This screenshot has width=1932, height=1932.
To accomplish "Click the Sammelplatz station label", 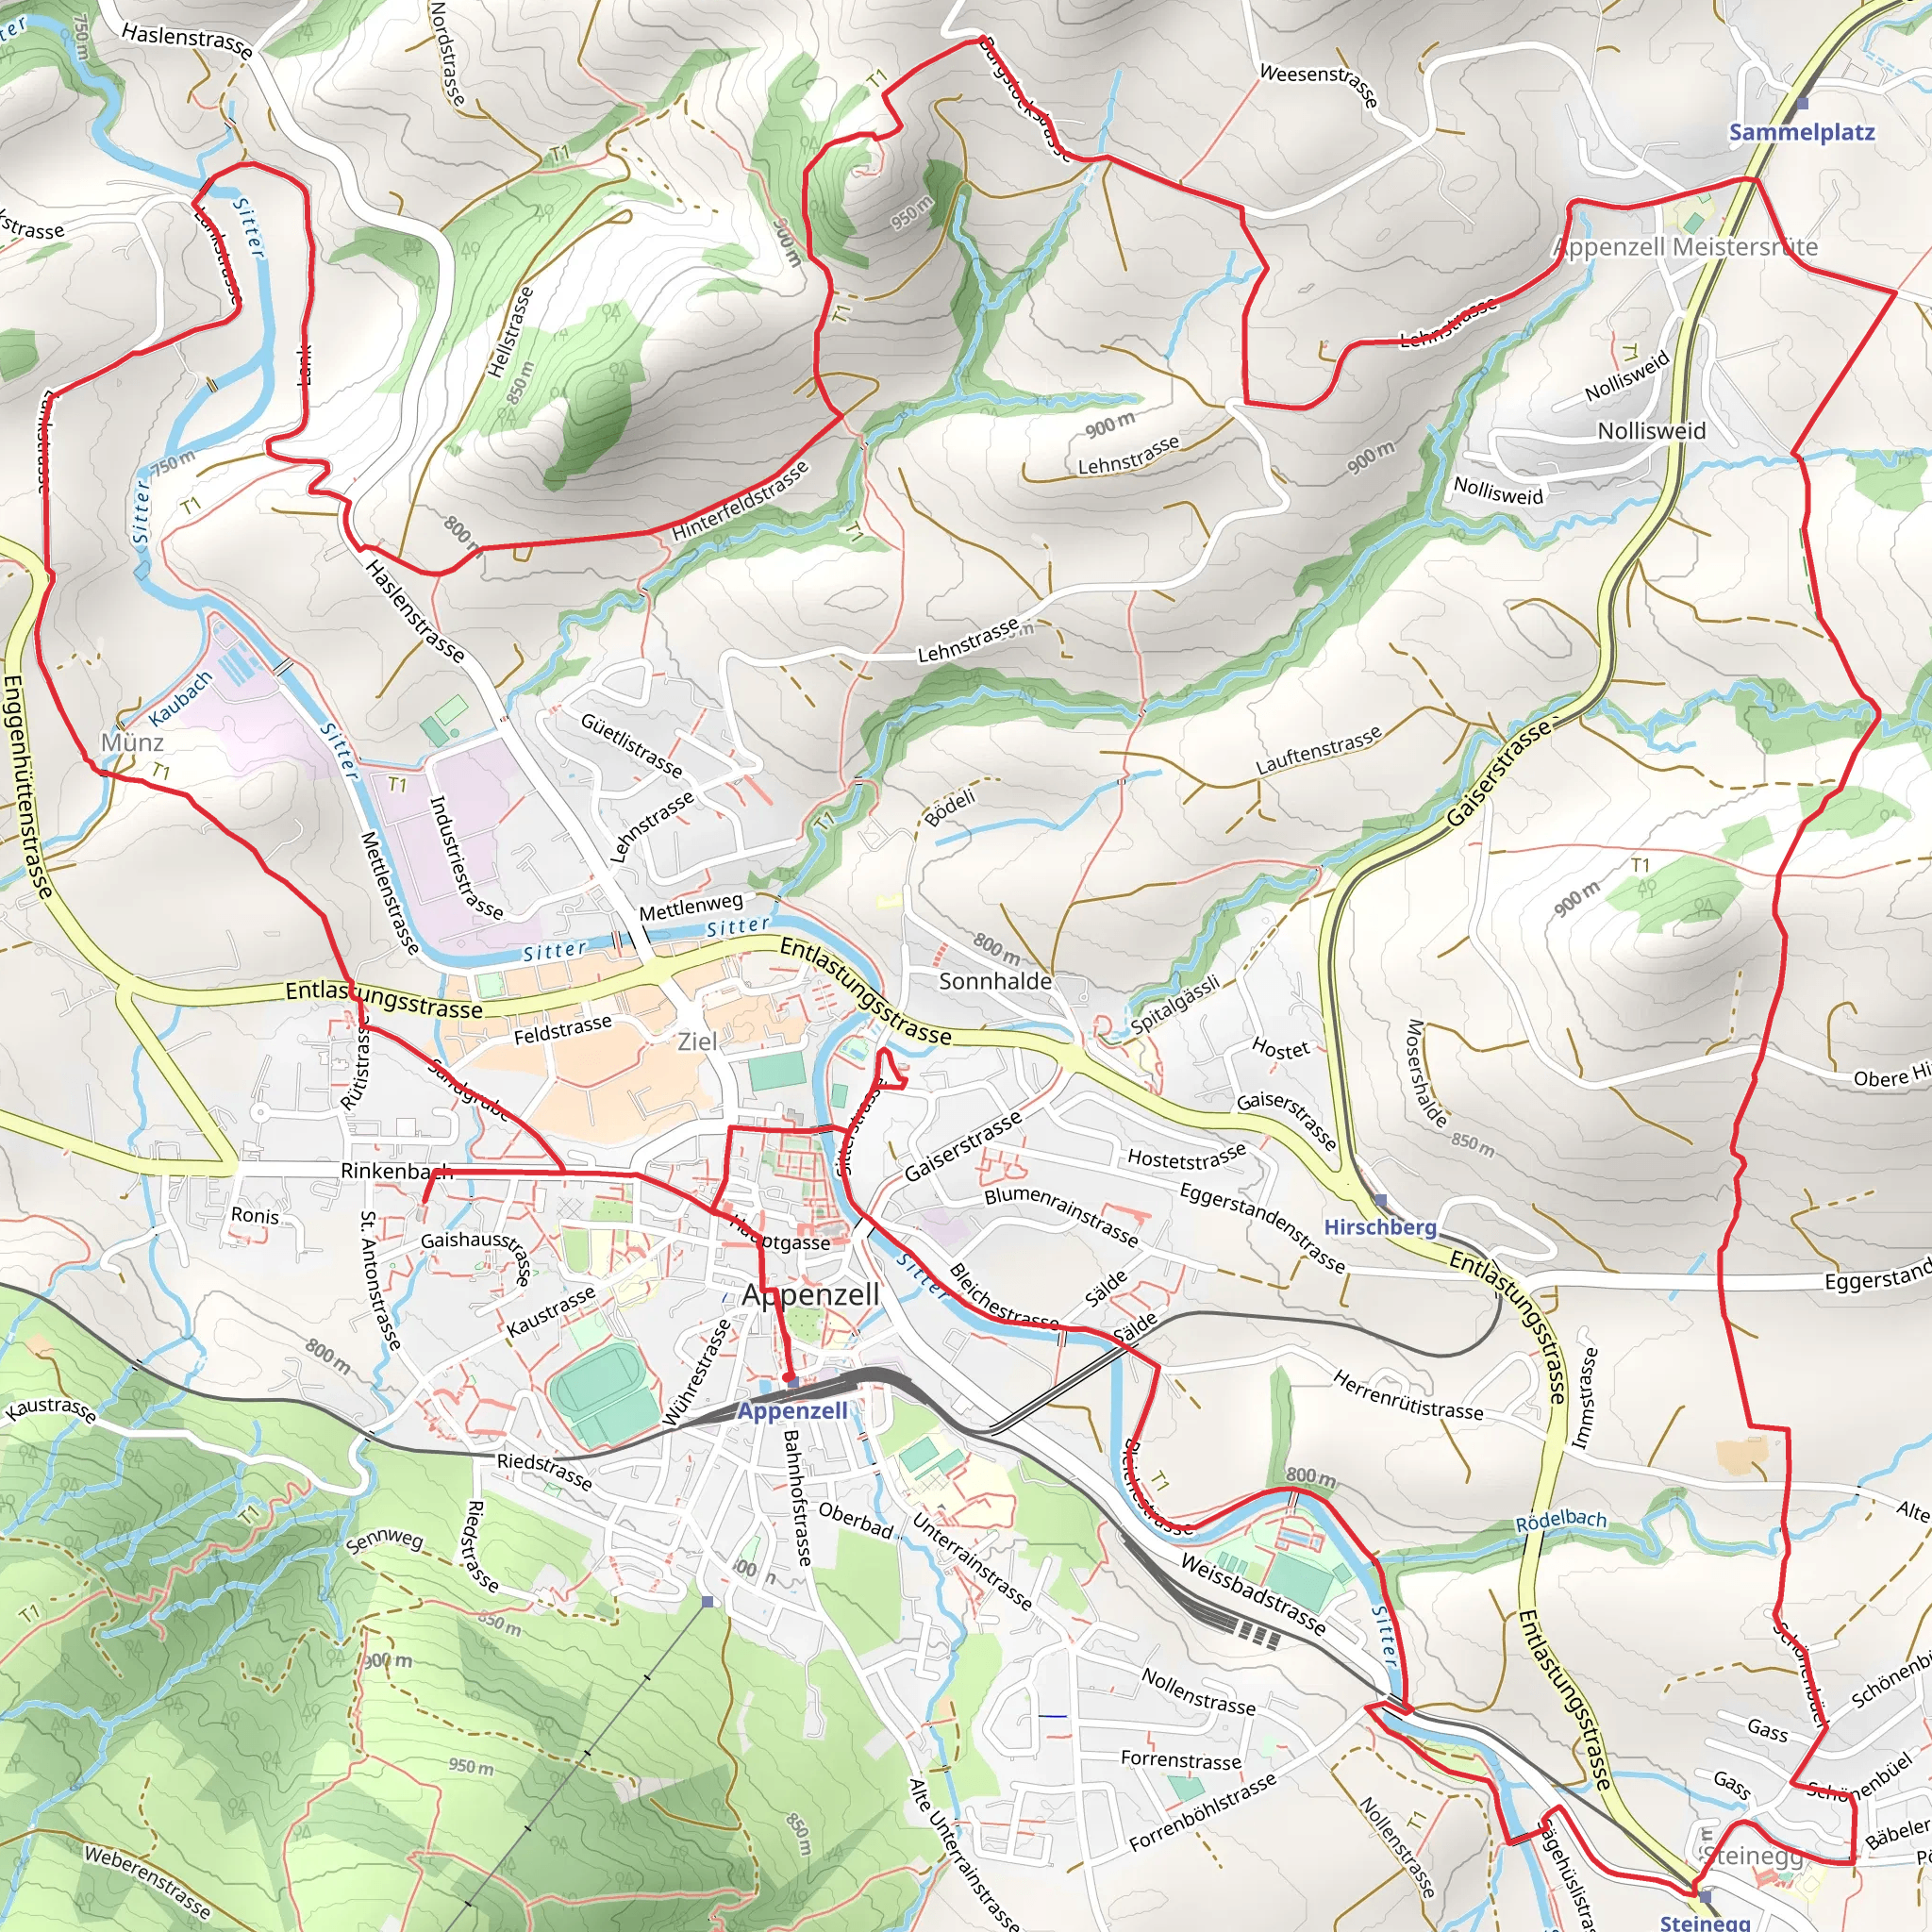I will (x=1801, y=132).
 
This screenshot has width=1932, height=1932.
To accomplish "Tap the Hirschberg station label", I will (x=1379, y=1226).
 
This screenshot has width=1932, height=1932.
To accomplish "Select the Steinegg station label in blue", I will (x=1704, y=1921).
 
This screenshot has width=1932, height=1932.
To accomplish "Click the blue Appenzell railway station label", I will (x=792, y=1410).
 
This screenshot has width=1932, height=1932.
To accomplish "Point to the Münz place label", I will (x=132, y=742).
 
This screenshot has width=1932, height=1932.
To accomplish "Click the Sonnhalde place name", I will (x=995, y=981).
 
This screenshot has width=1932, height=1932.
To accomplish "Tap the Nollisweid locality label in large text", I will (x=1651, y=431).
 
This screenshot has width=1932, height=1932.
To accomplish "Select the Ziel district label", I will (x=697, y=1041).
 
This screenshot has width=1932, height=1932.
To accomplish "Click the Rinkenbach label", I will (x=396, y=1171).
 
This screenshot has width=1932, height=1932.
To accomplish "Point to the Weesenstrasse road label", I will (x=1318, y=84).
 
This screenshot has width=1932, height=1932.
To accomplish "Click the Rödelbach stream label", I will (x=1560, y=1521).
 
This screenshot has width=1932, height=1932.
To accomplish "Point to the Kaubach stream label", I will (x=181, y=698).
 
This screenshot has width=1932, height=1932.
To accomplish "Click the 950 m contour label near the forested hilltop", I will (x=911, y=212).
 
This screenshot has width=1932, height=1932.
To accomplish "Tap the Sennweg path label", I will (x=384, y=1541).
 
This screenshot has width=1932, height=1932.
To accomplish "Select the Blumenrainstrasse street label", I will (x=1061, y=1216).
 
